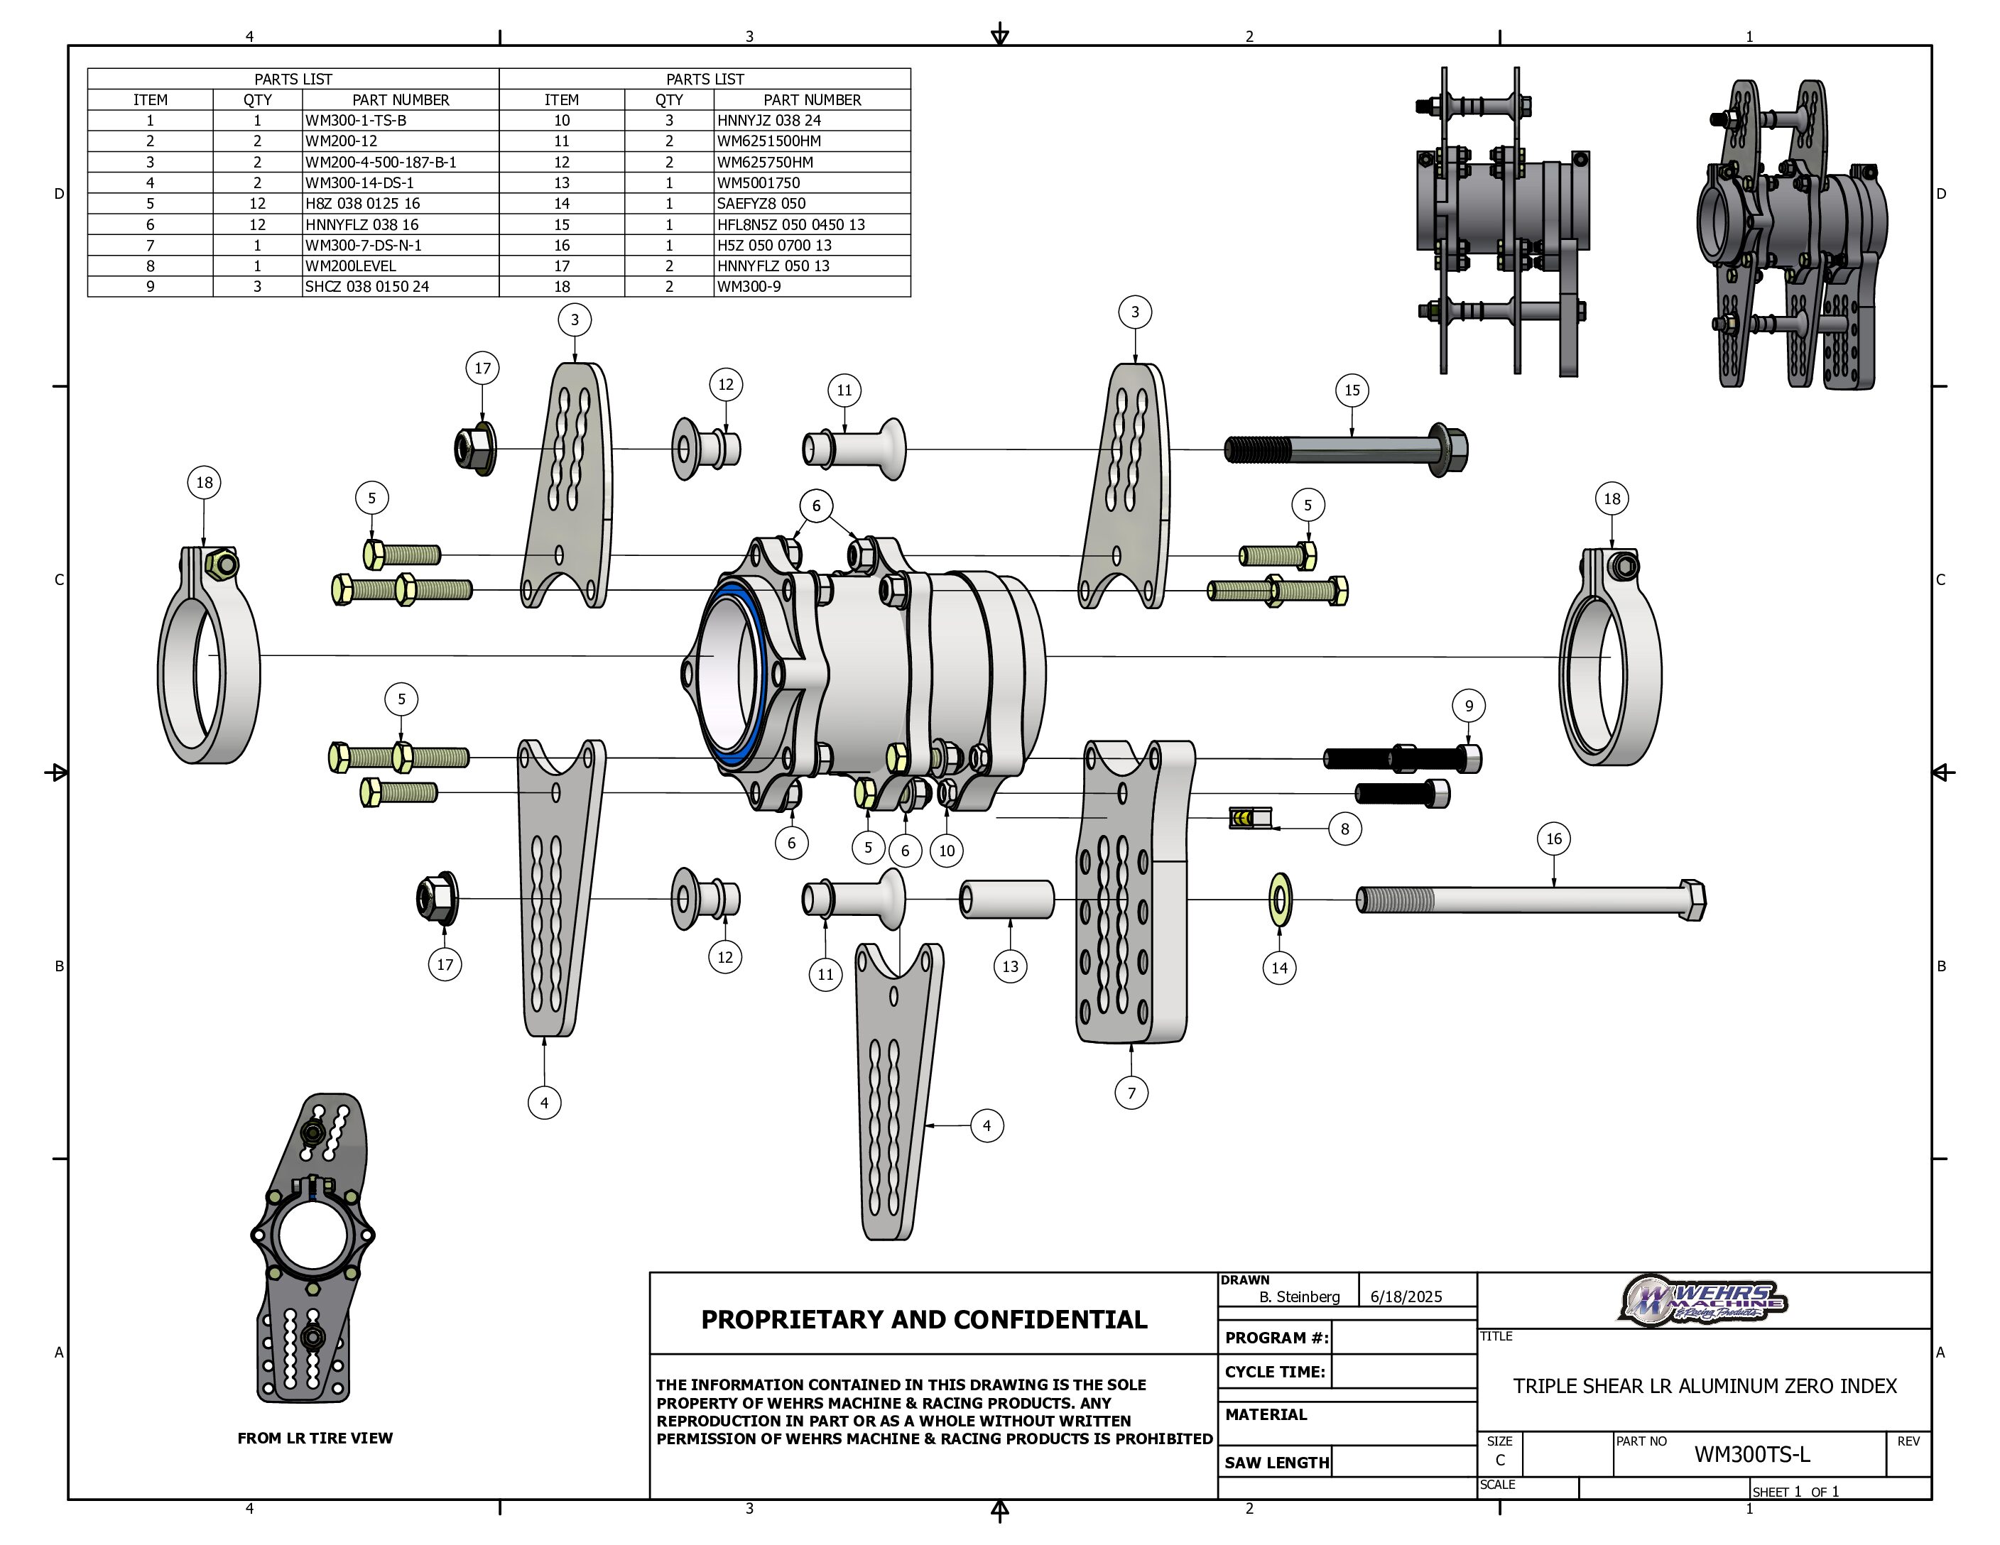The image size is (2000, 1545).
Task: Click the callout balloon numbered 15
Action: [x=1352, y=390]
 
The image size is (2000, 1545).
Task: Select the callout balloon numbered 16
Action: [x=1553, y=839]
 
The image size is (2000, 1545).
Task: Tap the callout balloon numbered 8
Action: [x=1344, y=829]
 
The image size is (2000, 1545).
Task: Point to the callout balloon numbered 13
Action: [x=1010, y=966]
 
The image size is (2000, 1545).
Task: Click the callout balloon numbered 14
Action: [x=1279, y=968]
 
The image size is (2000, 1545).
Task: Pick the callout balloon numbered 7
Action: [x=1132, y=1092]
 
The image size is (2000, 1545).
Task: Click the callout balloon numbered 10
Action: [x=947, y=851]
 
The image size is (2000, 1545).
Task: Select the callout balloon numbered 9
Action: [x=1469, y=706]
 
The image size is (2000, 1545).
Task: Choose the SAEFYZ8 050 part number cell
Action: [x=761, y=203]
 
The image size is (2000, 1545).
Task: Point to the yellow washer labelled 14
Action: [x=1279, y=900]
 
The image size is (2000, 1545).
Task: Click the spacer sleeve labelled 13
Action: [x=1007, y=899]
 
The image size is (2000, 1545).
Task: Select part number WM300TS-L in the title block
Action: [x=1751, y=1454]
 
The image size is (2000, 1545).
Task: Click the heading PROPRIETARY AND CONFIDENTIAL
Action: [x=923, y=1319]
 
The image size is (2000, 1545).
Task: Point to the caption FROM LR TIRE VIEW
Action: [x=315, y=1438]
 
